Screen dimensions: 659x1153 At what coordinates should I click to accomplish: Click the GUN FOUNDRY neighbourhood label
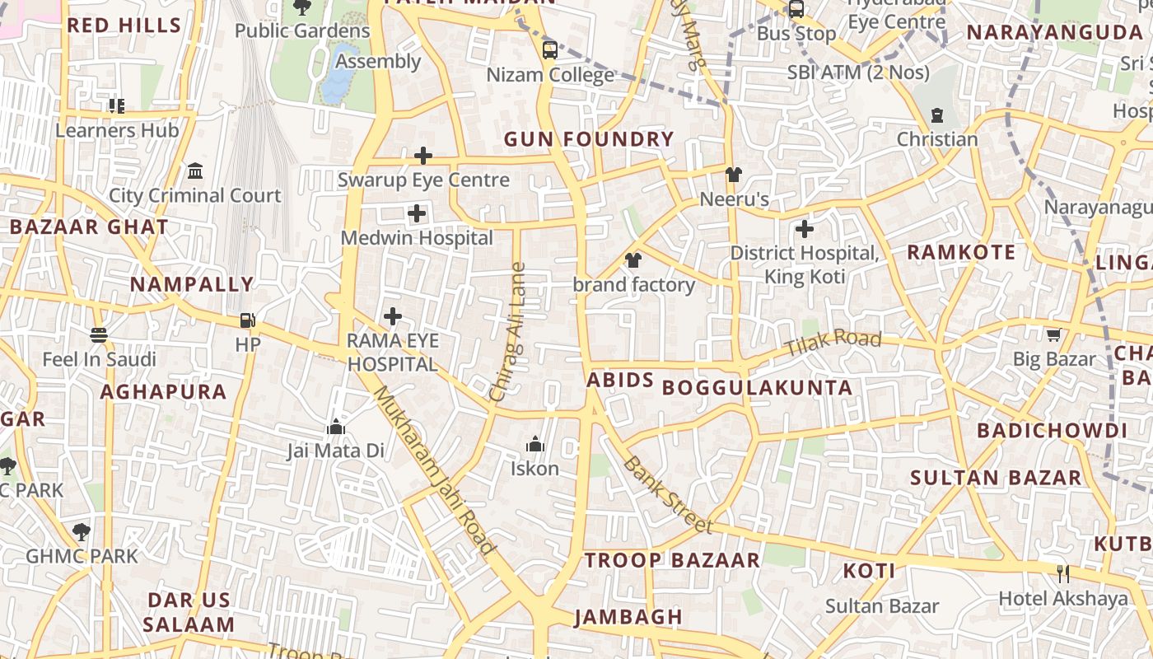[x=588, y=139]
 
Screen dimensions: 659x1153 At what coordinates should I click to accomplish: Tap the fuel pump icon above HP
[x=247, y=320]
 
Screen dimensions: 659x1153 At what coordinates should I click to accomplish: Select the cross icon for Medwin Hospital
[x=417, y=214]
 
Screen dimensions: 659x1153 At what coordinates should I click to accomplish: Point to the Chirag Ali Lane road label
[x=507, y=331]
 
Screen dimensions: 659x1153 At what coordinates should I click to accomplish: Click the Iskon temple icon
[x=535, y=445]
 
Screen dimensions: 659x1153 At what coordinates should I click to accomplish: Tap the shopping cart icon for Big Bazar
[x=1053, y=334]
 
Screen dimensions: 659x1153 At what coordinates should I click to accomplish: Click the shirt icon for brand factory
[x=633, y=261]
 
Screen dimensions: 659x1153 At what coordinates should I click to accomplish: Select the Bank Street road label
[x=667, y=493]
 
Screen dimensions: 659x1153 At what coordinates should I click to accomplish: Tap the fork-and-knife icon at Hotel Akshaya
[x=1062, y=573]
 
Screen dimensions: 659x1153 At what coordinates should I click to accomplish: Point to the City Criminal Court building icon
[x=195, y=171]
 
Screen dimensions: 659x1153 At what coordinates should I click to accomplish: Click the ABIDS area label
[x=620, y=381]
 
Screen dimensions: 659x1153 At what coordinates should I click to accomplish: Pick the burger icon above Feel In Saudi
[x=99, y=335]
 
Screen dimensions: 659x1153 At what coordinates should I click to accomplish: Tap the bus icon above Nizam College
[x=549, y=50]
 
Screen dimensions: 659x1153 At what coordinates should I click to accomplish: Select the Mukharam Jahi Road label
[x=434, y=470]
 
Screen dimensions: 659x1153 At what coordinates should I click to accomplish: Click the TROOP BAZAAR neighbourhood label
[x=672, y=560]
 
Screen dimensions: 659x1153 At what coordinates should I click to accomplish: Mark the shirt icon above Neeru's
[x=733, y=175]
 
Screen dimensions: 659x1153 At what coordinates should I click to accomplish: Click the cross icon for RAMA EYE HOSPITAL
[x=393, y=315]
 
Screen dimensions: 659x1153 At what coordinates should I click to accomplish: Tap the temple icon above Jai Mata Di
[x=335, y=427]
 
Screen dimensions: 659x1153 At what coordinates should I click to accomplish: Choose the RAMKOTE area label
[x=961, y=252]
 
